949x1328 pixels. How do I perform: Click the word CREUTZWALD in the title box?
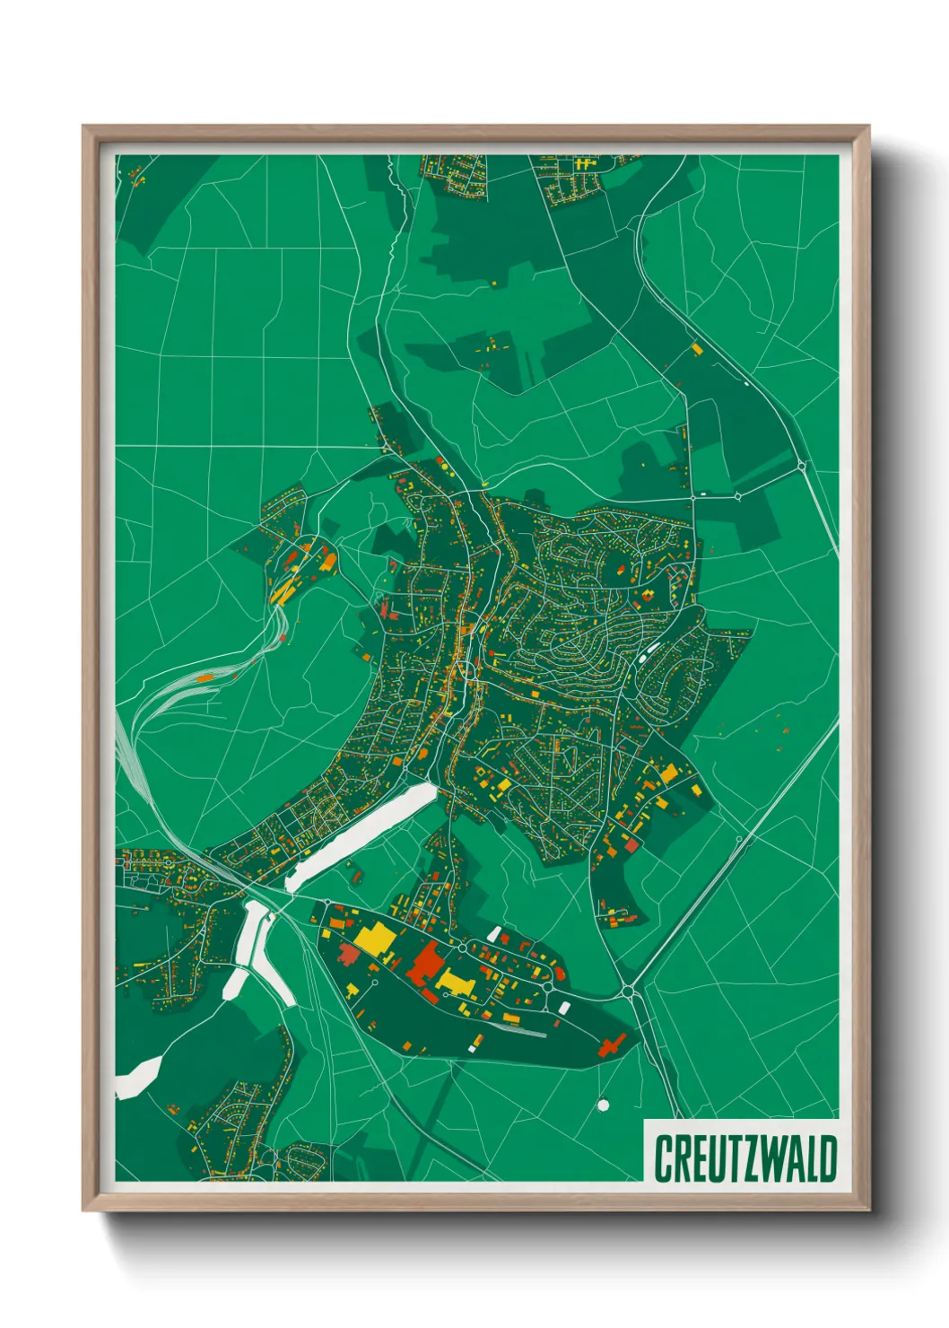click(745, 1158)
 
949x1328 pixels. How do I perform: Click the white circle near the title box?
click(603, 1104)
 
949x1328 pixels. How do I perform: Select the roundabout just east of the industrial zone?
click(628, 991)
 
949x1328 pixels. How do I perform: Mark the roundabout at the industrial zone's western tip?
click(327, 903)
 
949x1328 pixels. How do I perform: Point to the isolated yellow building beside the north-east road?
click(696, 347)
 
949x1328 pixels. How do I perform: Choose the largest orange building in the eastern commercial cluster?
click(668, 773)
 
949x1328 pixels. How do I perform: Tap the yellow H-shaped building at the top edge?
click(585, 164)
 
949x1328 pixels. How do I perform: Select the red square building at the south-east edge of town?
click(631, 844)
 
